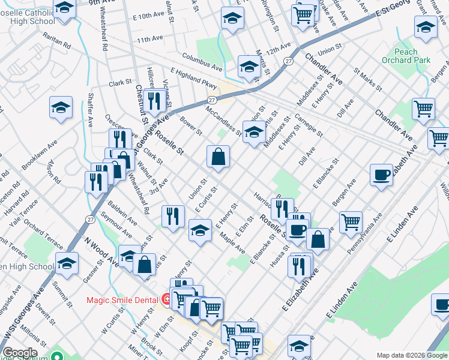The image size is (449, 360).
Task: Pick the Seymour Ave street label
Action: [116, 225]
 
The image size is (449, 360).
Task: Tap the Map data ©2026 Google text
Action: [411, 355]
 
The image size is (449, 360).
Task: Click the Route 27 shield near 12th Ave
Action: [288, 61]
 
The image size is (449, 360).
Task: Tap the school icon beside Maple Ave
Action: [200, 230]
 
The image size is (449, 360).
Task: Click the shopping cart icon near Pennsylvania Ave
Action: [351, 221]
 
